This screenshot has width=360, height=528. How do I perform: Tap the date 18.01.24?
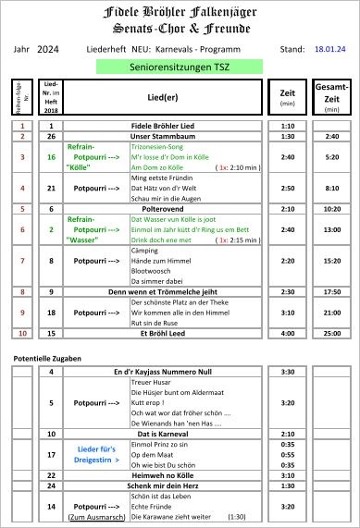330,48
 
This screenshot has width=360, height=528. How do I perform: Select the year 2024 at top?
47,48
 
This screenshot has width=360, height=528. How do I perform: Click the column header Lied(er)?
164,97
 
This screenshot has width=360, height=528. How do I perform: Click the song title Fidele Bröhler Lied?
164,125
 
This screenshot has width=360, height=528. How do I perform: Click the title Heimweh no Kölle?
164,473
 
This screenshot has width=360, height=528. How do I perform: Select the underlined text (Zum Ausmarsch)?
96,517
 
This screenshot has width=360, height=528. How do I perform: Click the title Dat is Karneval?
164,433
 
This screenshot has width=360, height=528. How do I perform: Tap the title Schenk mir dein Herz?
164,485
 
